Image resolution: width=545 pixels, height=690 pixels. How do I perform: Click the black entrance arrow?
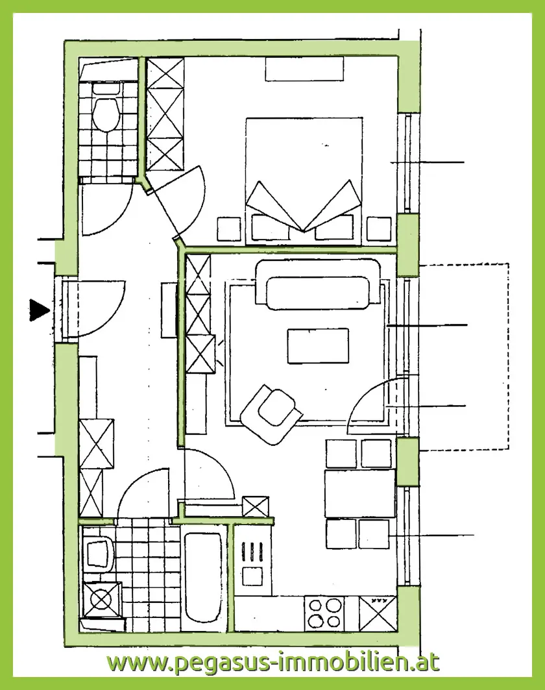[x=39, y=310]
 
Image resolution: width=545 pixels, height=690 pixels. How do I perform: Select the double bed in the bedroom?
[x=304, y=180]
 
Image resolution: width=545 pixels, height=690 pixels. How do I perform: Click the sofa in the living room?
[x=317, y=284]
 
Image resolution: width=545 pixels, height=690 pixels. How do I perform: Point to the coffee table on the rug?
[x=318, y=345]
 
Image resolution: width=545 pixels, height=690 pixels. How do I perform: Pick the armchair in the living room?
[x=271, y=413]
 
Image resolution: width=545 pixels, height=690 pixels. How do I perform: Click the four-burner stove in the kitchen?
[x=324, y=613]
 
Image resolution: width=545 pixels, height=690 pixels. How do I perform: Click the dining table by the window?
[x=359, y=493]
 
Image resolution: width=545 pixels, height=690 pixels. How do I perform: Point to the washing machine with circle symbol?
[x=102, y=599]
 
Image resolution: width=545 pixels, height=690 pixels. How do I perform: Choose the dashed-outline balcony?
[x=464, y=356]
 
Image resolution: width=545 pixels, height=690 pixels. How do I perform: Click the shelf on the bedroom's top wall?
[x=304, y=69]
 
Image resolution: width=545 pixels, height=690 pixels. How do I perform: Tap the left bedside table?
[x=229, y=229]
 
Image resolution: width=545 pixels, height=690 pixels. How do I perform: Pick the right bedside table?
[x=379, y=229]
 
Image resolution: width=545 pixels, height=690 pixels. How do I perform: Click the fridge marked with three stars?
[x=378, y=613]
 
